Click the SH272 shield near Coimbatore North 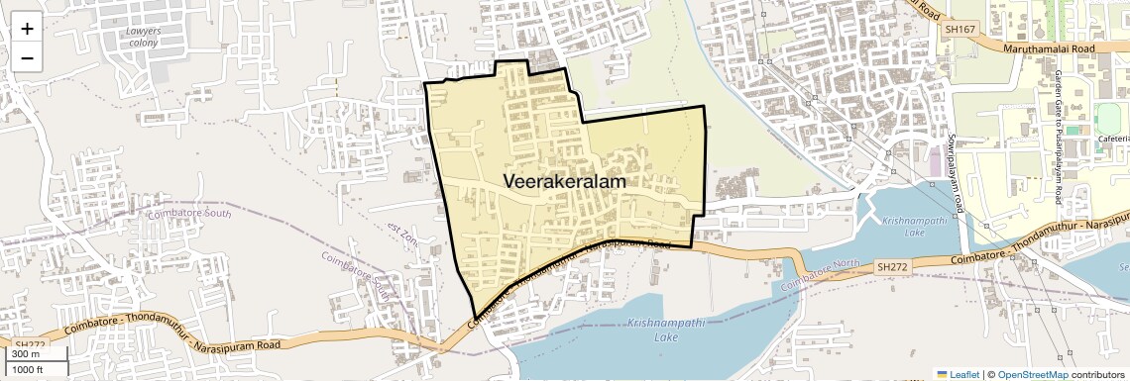tap(892, 267)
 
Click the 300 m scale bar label tap(25, 354)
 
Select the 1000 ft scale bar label tap(29, 369)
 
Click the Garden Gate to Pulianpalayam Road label tap(1061, 139)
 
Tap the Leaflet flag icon tap(943, 374)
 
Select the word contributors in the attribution tap(1095, 374)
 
